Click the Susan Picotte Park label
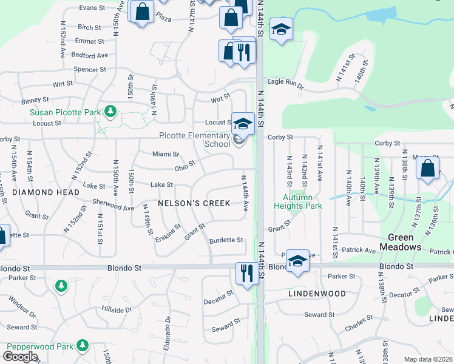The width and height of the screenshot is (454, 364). point(66,112)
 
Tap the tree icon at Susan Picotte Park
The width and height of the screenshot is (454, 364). point(110,111)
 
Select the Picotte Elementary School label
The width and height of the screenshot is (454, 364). point(194,140)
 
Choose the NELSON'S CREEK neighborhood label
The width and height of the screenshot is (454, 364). point(194,203)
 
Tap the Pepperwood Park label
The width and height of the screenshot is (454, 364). point(40,346)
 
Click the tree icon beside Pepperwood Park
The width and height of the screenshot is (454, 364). point(82,346)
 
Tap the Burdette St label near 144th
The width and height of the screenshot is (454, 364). point(226,240)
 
